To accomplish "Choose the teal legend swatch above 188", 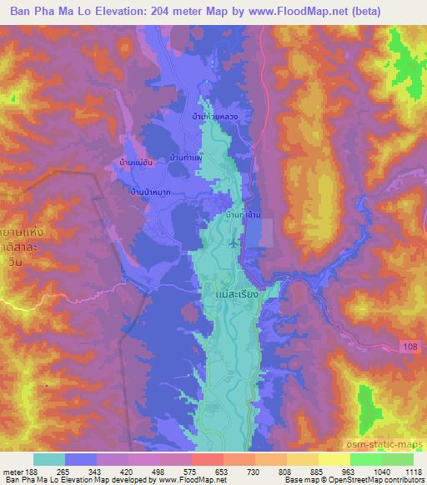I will [49, 459].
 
